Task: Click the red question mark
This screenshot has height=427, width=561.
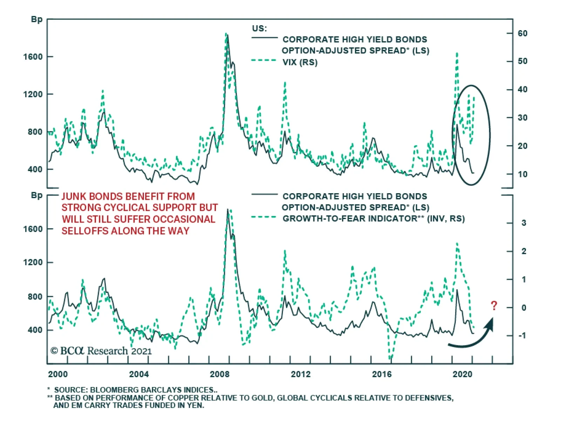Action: tap(494, 306)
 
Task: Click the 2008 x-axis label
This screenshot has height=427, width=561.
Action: tap(219, 374)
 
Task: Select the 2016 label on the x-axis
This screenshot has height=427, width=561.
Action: tap(381, 374)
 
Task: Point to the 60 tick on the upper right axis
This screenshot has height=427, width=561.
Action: tap(522, 33)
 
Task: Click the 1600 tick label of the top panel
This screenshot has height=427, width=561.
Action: tap(33, 57)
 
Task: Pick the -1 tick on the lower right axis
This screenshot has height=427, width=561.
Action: tap(522, 335)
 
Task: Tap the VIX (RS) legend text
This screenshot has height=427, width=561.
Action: tap(300, 62)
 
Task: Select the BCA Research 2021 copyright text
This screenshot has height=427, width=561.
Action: tap(101, 351)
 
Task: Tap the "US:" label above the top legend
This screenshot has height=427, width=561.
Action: tap(259, 28)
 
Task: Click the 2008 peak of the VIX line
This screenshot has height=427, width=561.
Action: tap(226, 34)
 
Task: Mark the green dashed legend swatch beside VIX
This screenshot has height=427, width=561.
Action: tap(264, 61)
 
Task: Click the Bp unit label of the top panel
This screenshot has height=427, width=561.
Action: tap(36, 19)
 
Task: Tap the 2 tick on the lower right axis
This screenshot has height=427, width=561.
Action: tap(524, 251)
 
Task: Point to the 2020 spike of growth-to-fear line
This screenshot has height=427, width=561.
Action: tap(457, 244)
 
